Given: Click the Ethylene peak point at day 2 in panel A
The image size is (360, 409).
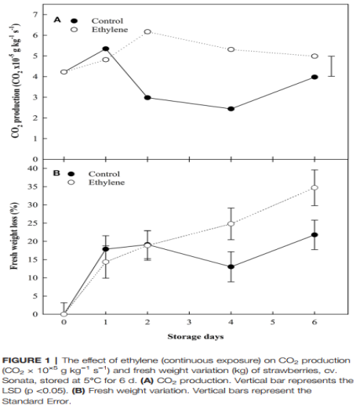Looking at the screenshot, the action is coord(147,31).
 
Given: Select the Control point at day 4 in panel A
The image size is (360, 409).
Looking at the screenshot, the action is coord(231,109).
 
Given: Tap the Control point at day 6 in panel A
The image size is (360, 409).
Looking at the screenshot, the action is coord(315,77).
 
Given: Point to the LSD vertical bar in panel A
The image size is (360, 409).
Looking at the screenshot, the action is coord(331,66).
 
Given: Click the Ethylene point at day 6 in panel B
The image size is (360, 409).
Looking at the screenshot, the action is coord(315,187).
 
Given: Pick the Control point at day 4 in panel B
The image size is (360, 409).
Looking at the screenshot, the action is coord(231,266).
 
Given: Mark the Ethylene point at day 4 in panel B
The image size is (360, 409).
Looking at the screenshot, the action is coord(231,223).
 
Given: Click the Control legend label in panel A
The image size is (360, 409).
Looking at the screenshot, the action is coord(107,21).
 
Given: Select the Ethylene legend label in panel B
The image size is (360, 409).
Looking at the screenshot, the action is coord(107,183).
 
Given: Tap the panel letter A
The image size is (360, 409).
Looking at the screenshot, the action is coord(57,20).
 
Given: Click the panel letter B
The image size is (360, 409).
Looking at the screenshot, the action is coord(56,173).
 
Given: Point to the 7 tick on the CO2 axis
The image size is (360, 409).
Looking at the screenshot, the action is coord(35,14).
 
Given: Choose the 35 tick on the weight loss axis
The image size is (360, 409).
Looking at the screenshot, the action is coord(33,186).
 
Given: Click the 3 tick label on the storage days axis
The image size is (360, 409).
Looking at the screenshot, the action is coord(189,322).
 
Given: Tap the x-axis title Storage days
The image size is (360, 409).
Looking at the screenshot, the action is coord(195,336).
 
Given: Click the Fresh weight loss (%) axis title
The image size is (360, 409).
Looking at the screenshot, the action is coord(14,236).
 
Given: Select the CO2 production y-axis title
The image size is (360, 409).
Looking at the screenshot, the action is coord(16,81).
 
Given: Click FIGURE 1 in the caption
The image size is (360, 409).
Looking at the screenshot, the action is coord(26,360).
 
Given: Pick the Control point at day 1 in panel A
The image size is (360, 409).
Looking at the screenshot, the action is coord(106,49).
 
